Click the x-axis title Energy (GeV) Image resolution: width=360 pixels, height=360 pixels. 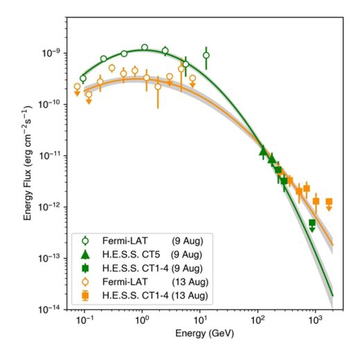coord(204,334)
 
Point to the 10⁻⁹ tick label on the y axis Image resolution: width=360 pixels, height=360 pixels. coord(51,53)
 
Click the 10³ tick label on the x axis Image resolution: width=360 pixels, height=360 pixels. coord(315,321)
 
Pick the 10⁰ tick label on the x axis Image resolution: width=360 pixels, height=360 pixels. coord(142,321)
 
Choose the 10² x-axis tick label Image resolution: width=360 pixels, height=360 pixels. coord(257,321)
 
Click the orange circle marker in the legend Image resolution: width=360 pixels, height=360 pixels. coord(85,282)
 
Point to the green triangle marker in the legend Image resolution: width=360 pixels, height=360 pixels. coord(85,255)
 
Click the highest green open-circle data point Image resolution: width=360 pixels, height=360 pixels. coord(145,47)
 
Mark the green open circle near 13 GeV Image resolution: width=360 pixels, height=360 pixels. coord(206,55)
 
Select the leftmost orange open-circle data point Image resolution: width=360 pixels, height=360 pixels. coord(77,87)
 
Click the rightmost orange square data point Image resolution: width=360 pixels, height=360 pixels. coord(329,201)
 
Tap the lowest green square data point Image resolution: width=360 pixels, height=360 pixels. coord(312,222)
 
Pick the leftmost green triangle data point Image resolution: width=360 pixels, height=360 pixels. coord(263,152)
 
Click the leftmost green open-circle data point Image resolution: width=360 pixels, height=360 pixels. coord(83,78)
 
